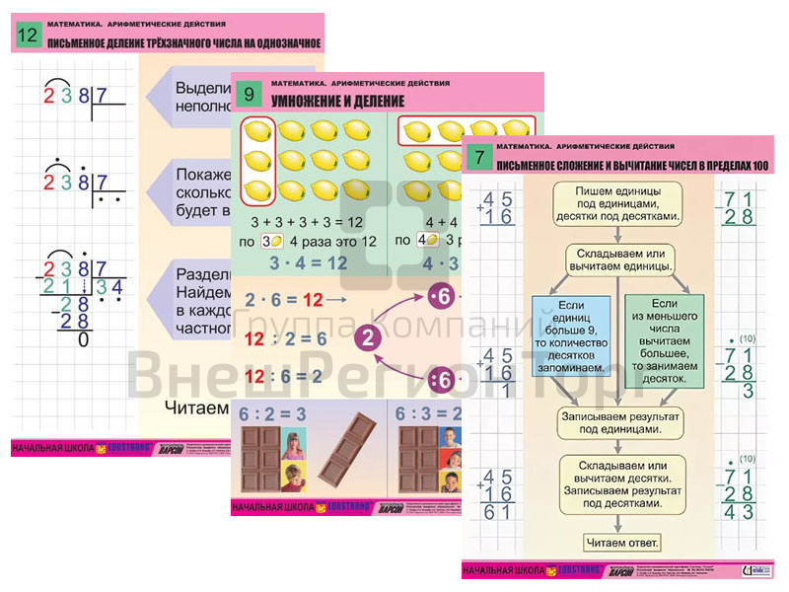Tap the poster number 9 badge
click(x=250, y=96)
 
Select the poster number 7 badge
click(x=479, y=157)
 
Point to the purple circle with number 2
click(x=366, y=338)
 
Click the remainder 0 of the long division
click(x=83, y=339)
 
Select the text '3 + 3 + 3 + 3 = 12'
click(x=307, y=221)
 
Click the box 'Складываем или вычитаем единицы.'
click(x=619, y=259)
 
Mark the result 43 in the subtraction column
click(x=737, y=511)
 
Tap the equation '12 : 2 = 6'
click(x=285, y=338)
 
